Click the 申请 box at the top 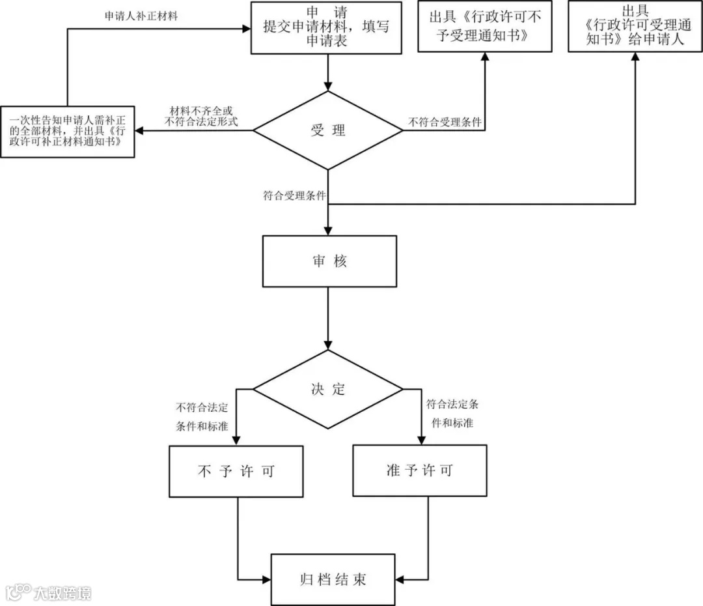[327, 27]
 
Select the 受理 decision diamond [328, 130]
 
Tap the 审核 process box [329, 261]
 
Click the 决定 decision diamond [328, 390]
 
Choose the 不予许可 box [236, 471]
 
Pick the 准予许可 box [420, 470]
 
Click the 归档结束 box [333, 579]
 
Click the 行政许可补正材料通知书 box [68, 131]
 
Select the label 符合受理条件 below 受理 [294, 195]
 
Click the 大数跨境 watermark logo [49, 592]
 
